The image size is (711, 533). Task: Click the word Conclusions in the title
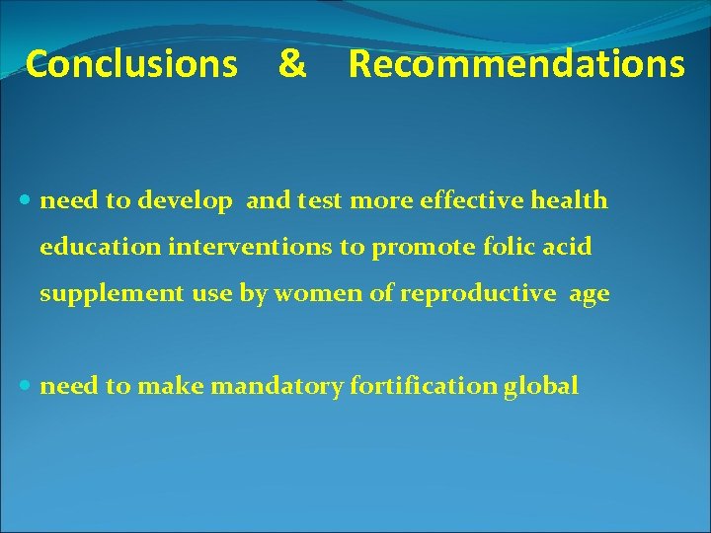tap(131, 64)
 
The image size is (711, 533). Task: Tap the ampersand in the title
tap(291, 64)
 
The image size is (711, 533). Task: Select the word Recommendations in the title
tap(515, 64)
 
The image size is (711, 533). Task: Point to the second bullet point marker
tap(27, 387)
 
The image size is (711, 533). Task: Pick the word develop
tap(186, 201)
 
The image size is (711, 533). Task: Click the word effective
tap(469, 201)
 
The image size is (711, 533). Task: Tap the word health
tap(568, 201)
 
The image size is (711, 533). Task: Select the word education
tap(100, 247)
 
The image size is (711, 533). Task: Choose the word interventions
tap(251, 247)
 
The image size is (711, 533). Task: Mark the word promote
tap(416, 248)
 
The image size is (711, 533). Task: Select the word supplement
tap(104, 294)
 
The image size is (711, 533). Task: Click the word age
tap(590, 295)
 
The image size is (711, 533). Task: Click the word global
tap(541, 387)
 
